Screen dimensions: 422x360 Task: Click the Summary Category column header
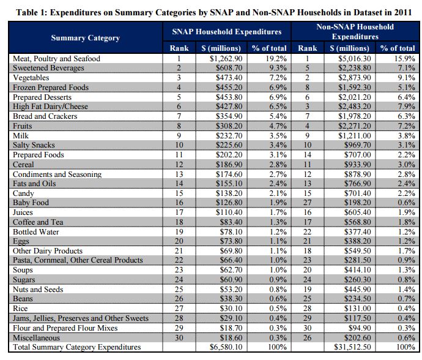pos(85,38)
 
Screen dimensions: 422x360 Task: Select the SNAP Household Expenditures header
pos(227,32)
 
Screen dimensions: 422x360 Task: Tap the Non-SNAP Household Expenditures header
pos(355,31)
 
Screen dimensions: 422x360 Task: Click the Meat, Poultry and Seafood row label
pos(56,59)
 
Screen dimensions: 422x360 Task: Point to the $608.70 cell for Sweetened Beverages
pos(229,68)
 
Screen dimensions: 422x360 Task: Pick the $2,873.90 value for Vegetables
pos(355,78)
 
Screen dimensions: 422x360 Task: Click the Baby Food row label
pos(31,203)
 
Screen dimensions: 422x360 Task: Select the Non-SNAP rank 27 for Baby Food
pos(308,203)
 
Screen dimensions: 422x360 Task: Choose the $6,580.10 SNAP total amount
pos(226,347)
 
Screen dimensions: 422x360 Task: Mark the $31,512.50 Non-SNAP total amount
pos(352,347)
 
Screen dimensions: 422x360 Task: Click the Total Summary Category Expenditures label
pos(76,347)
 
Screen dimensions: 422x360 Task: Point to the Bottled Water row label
pos(36,232)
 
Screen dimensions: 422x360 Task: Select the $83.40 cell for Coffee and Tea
pos(231,222)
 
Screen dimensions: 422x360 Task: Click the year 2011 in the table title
pos(403,12)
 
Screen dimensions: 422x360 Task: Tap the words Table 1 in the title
pos(30,12)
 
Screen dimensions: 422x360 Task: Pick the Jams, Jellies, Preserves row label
pos(81,318)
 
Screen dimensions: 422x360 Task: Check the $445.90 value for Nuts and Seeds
pos(357,290)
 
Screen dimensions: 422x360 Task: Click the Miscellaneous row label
pos(36,337)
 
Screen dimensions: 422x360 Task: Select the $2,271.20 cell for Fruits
pos(355,126)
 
